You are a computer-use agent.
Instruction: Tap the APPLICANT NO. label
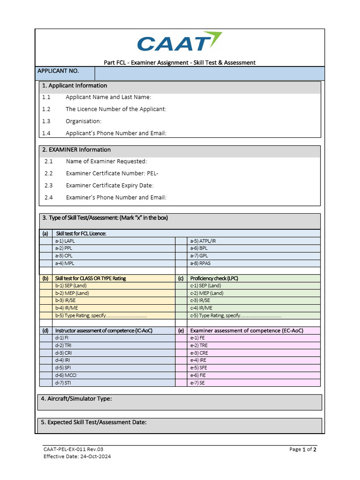[58, 71]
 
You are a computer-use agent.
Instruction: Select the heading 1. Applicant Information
[75, 86]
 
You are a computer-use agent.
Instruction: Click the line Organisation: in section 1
[83, 121]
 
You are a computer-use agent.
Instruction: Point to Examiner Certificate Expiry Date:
[110, 186]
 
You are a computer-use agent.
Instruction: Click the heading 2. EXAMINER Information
[76, 150]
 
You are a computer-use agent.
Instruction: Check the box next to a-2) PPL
[45, 248]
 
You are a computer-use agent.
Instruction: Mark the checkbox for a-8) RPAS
[180, 263]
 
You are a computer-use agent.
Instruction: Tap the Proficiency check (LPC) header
[214, 278]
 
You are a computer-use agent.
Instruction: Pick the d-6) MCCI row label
[65, 375]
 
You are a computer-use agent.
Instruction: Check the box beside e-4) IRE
[180, 360]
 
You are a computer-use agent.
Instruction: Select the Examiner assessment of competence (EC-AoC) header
[247, 330]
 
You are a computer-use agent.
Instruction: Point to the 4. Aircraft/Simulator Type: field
[76, 399]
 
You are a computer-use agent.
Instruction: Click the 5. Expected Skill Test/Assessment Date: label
[94, 422]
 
